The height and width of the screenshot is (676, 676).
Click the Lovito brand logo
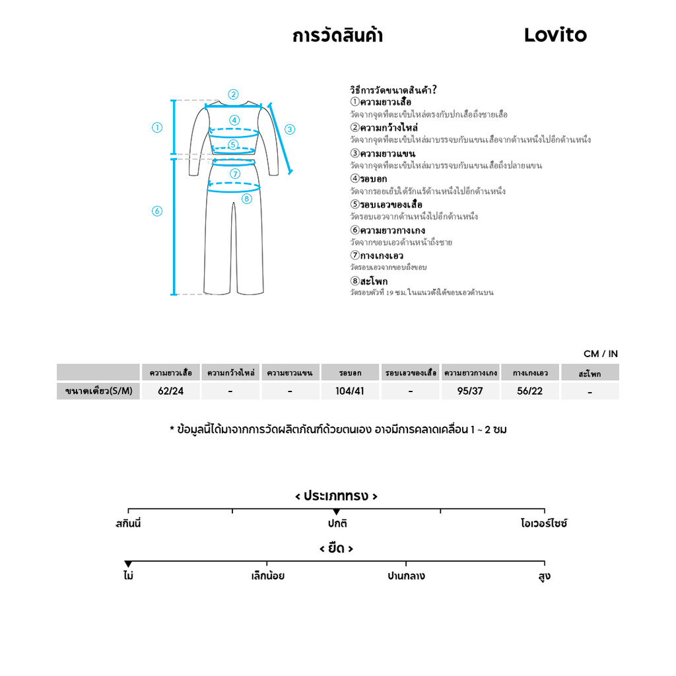[555, 35]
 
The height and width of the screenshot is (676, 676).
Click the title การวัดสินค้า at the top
[337, 36]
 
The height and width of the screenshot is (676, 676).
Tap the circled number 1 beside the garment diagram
[157, 128]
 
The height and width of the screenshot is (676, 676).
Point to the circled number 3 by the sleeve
[290, 129]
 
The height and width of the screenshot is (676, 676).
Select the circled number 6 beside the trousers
[157, 211]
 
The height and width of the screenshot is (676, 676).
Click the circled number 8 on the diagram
[246, 199]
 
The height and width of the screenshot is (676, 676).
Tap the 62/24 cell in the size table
[171, 391]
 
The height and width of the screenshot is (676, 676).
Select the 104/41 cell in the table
[350, 391]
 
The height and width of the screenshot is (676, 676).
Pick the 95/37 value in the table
[470, 391]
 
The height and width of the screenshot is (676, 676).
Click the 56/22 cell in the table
[530, 391]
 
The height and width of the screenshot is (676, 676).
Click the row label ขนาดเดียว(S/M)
[98, 391]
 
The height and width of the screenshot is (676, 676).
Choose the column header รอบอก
[350, 373]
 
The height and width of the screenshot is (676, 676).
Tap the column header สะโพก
[590, 374]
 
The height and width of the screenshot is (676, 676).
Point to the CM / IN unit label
[601, 354]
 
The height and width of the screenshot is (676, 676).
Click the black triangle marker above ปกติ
[336, 512]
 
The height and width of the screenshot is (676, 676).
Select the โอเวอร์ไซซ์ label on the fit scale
[544, 524]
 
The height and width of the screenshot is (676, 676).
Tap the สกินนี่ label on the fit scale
[128, 524]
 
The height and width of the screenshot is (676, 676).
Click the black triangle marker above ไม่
[128, 564]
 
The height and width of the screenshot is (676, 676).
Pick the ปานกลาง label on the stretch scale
[406, 576]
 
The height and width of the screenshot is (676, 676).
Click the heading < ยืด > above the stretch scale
[336, 549]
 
